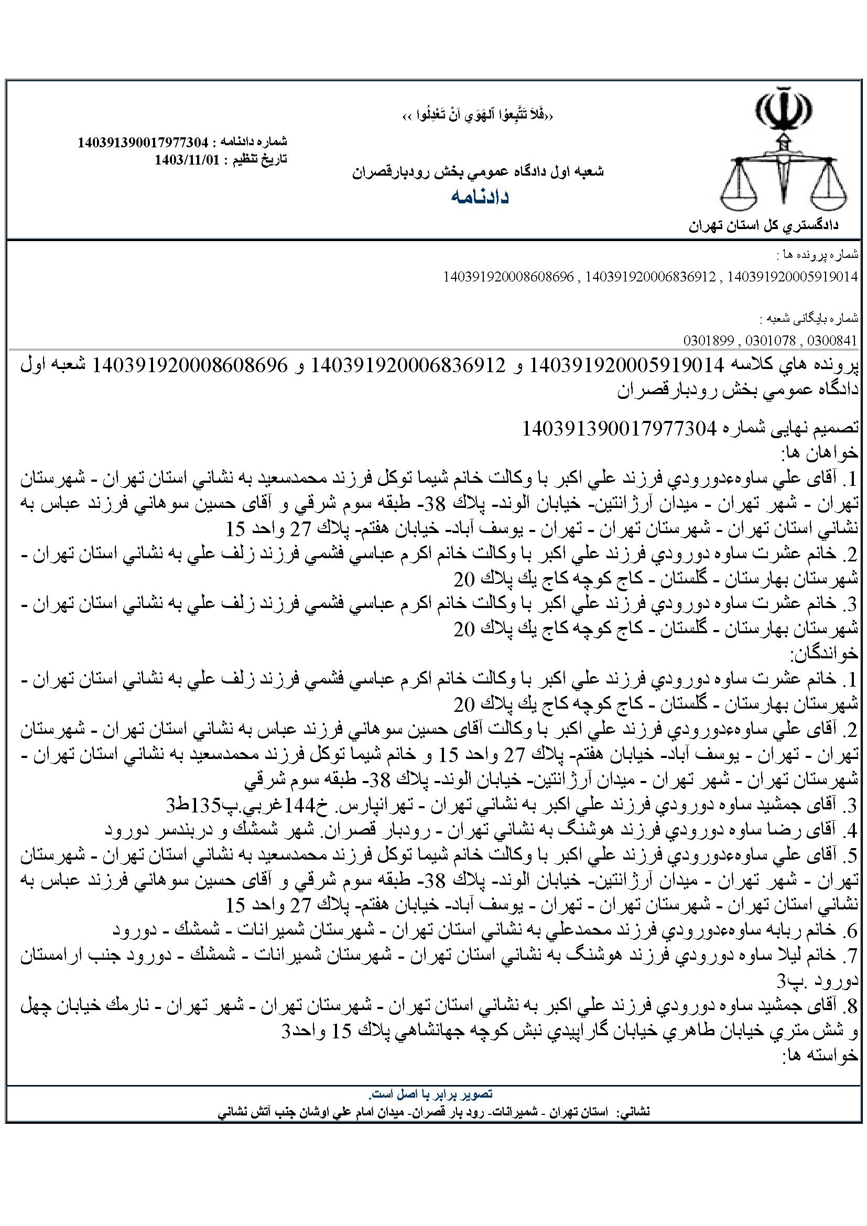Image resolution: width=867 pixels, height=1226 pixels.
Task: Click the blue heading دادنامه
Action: pyautogui.click(x=480, y=197)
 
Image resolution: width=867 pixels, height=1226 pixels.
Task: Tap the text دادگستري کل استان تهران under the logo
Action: pyautogui.click(x=763, y=226)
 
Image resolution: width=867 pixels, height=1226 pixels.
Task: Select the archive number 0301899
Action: pyautogui.click(x=708, y=341)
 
